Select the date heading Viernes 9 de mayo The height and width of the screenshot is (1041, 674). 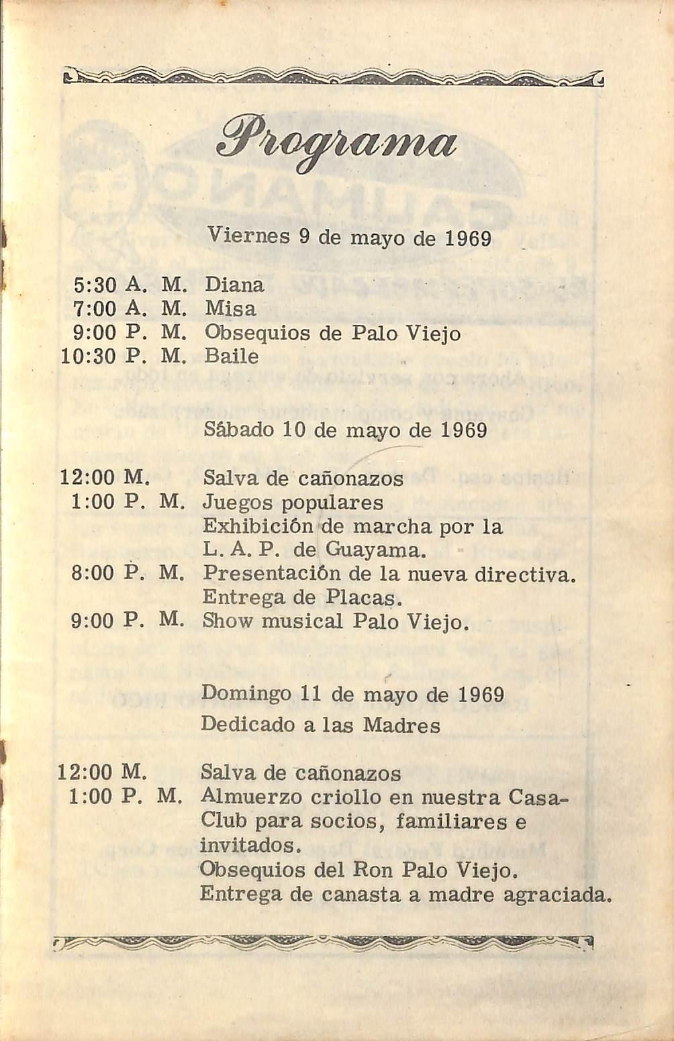click(349, 238)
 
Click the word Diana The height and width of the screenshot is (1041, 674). click(234, 285)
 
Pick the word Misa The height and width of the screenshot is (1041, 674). click(230, 309)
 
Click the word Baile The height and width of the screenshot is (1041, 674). click(232, 356)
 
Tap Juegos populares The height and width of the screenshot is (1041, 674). click(293, 503)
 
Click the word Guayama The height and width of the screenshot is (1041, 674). click(375, 551)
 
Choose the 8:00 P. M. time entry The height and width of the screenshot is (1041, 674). click(128, 573)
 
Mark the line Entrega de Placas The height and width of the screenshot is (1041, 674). click(302, 597)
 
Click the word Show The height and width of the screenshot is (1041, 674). click(228, 622)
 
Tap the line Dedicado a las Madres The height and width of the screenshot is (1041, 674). click(320, 725)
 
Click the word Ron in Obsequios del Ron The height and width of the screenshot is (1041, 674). click(372, 871)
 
